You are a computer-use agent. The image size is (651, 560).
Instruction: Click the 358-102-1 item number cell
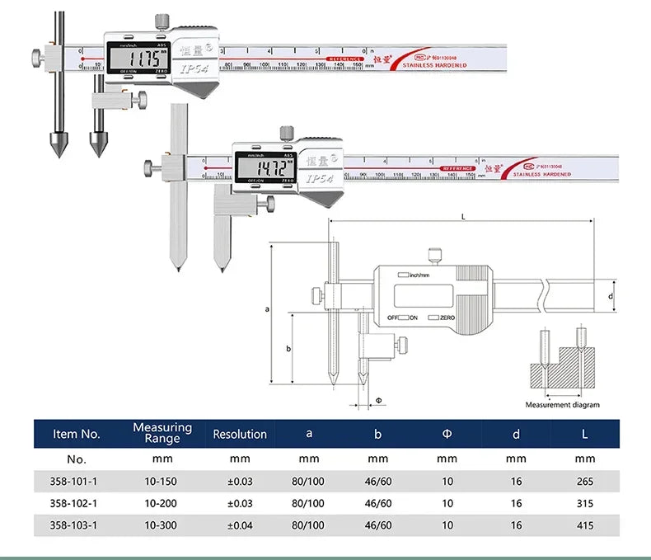click(76, 503)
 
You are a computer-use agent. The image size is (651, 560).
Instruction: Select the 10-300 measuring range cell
click(162, 525)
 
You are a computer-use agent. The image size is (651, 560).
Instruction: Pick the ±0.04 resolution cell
click(240, 525)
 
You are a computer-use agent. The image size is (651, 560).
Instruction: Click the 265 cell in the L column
click(584, 481)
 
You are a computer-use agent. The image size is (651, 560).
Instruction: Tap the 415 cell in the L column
click(584, 525)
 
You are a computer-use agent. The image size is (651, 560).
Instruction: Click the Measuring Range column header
click(162, 433)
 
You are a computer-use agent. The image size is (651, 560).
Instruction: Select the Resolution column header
click(240, 434)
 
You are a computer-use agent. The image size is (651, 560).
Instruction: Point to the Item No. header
click(76, 434)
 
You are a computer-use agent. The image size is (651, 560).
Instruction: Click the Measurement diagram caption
click(563, 405)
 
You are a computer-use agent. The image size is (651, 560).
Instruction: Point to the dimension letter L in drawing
click(463, 215)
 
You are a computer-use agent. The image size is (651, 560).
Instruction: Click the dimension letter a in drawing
click(267, 309)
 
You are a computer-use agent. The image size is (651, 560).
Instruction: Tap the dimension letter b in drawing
click(288, 348)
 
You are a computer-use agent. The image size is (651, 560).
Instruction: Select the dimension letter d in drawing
click(610, 295)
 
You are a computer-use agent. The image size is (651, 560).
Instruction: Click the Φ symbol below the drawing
click(378, 400)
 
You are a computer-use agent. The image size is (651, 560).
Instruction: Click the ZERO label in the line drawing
click(447, 318)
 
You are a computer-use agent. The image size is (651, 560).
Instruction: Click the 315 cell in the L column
click(584, 503)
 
